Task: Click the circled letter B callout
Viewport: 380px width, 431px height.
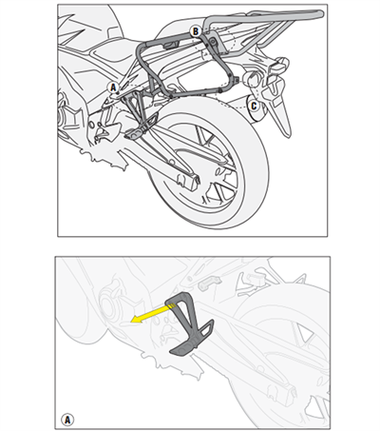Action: [196, 31]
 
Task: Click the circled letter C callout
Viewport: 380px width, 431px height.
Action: [253, 105]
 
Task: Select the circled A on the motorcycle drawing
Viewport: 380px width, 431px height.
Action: [113, 87]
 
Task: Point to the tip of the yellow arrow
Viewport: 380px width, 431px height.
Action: [134, 323]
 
